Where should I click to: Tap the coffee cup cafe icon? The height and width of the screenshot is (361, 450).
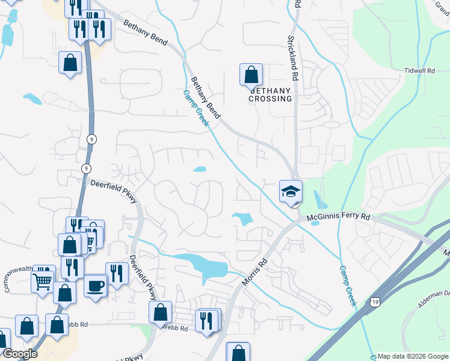95,285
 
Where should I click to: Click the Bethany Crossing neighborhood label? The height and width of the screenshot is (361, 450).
270,94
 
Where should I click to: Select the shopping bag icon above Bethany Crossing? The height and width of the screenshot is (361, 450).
251,75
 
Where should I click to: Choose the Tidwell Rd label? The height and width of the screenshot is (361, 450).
420,70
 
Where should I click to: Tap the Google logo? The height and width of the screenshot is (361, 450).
20,354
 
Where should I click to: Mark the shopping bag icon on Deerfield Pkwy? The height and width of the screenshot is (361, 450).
160,312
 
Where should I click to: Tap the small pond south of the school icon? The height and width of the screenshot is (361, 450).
317,205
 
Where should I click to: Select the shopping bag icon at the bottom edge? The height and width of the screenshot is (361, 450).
238,353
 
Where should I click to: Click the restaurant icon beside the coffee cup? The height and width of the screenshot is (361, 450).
117,274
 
